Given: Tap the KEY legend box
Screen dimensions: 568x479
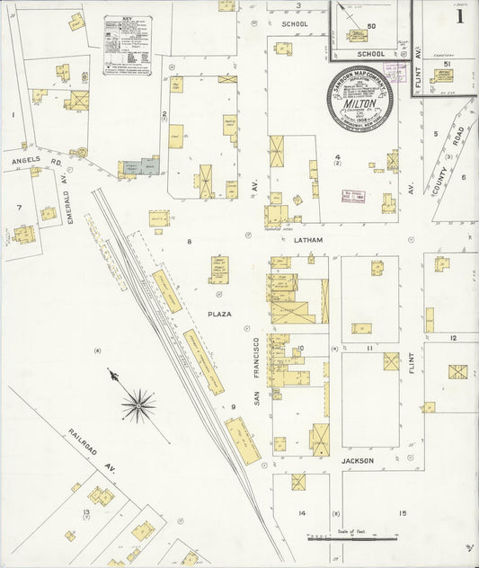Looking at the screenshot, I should coord(127,44).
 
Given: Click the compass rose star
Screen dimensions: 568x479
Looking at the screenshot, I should coord(137,404).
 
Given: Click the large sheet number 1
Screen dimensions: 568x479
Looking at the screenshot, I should coord(460,15).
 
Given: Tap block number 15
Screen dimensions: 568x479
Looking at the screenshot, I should coord(403,513).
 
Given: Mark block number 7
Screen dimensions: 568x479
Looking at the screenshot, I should coord(19,208).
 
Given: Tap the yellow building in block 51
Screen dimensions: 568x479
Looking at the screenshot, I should coord(442,75).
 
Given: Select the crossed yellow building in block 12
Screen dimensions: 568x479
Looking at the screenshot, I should coord(458,371).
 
